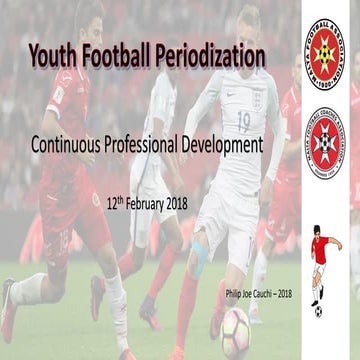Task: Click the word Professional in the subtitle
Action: [154, 146]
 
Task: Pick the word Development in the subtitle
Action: [228, 146]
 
